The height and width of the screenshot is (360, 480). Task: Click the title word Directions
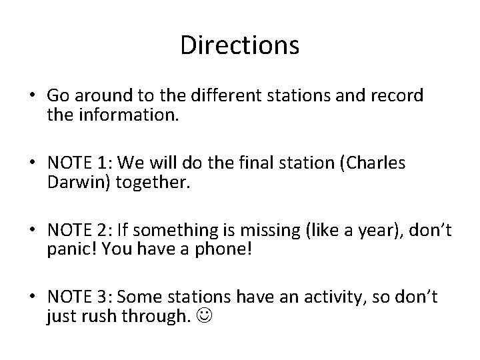tap(239, 45)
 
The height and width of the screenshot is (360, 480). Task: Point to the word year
tap(354, 231)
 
